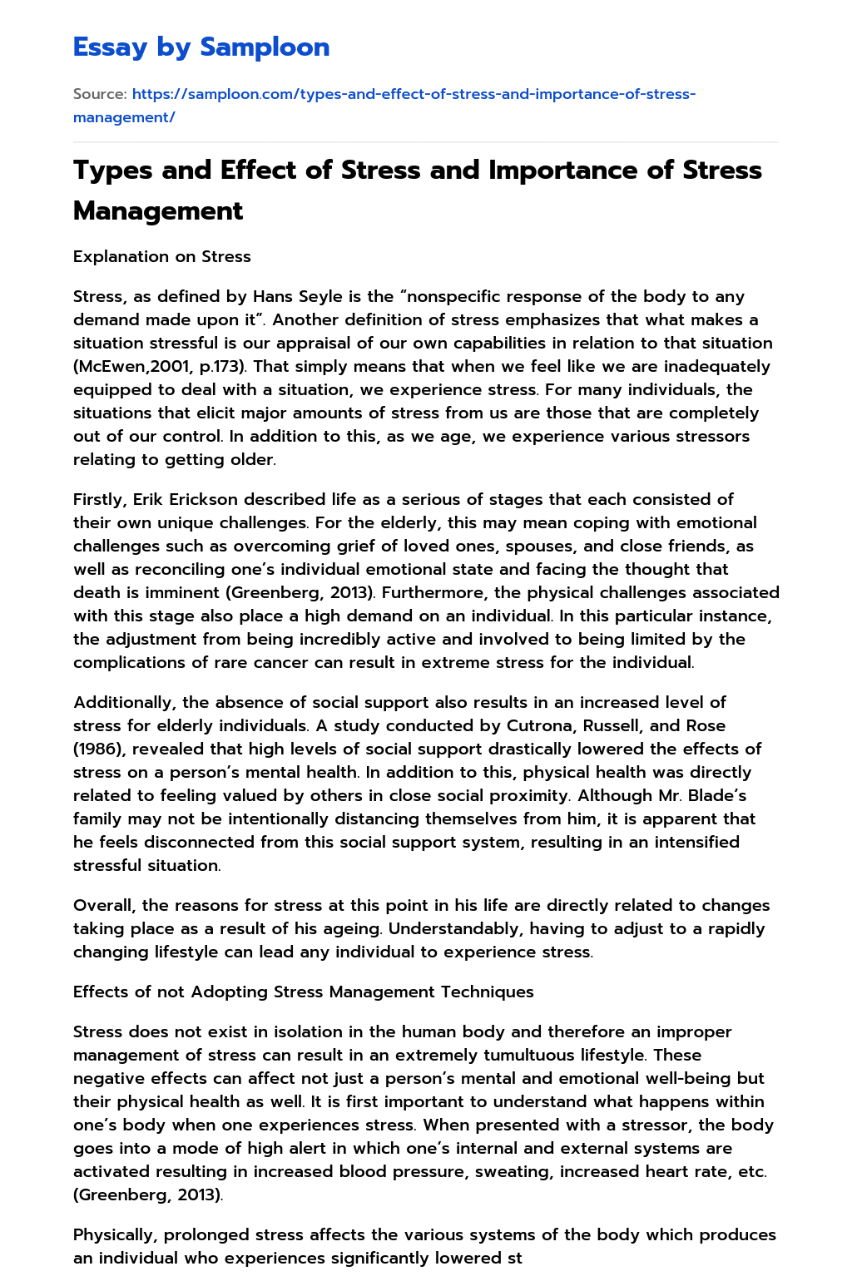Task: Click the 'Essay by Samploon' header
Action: tap(201, 47)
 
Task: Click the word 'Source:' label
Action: tap(100, 94)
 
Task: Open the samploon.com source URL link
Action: tap(384, 105)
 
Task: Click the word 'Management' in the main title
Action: tap(158, 210)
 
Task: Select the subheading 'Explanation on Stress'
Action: tap(162, 256)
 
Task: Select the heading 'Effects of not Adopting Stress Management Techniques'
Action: tap(304, 992)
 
